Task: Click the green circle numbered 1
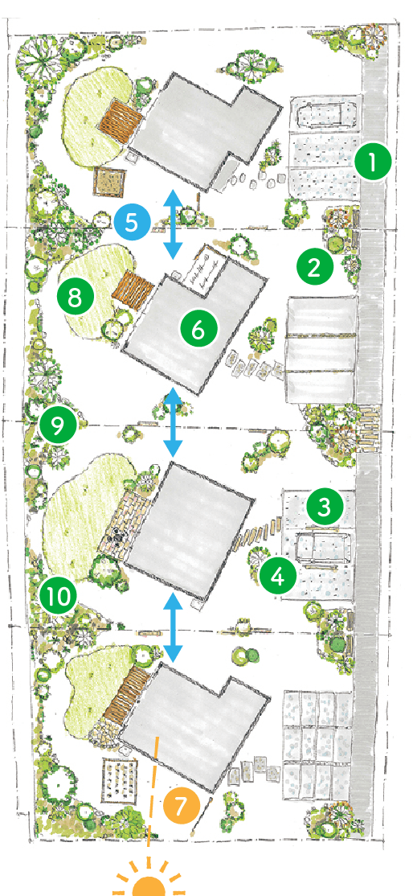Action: pyautogui.click(x=373, y=163)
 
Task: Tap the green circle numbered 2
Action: pyautogui.click(x=315, y=266)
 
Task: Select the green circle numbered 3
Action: pyautogui.click(x=325, y=506)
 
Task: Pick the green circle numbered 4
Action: pyautogui.click(x=278, y=577)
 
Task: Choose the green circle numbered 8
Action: pyautogui.click(x=76, y=296)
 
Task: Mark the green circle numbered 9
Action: pyautogui.click(x=59, y=423)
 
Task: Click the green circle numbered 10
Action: pyautogui.click(x=59, y=596)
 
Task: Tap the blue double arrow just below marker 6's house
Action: pyautogui.click(x=173, y=423)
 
